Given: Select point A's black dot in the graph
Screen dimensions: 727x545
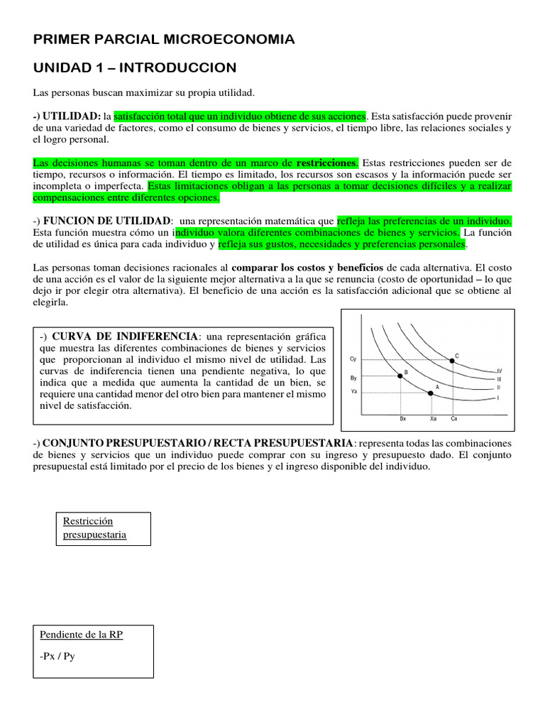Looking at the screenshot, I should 431,392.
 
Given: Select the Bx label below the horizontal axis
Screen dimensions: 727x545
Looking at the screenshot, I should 402,419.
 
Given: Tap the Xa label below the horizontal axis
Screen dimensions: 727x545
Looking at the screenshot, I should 433,419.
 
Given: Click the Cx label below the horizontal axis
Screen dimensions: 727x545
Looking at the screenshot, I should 454,419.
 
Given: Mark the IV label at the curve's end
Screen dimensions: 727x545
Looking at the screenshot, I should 500,371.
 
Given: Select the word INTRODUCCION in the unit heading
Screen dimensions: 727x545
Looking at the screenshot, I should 181,67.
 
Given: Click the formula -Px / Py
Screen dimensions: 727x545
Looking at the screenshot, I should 58,656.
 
